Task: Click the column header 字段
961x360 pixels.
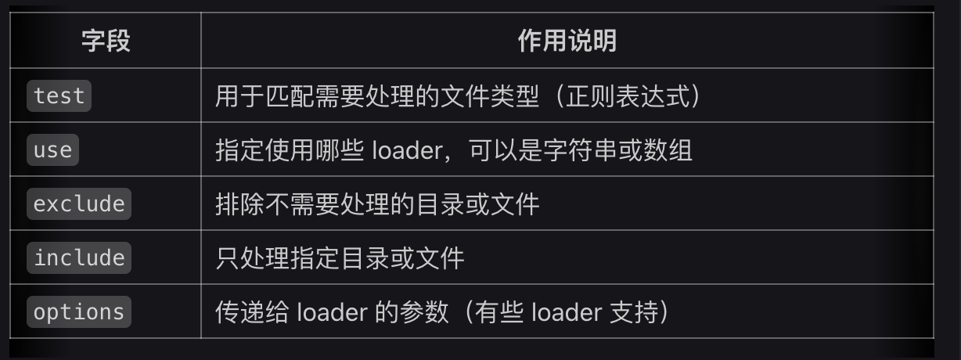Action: (x=106, y=41)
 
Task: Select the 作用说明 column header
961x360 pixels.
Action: (x=567, y=41)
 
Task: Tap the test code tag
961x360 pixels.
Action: (x=59, y=95)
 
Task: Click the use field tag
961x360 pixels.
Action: (x=52, y=149)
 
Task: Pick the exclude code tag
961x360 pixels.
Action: (x=79, y=203)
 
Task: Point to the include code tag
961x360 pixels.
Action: (x=79, y=257)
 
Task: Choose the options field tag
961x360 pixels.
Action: (x=79, y=311)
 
